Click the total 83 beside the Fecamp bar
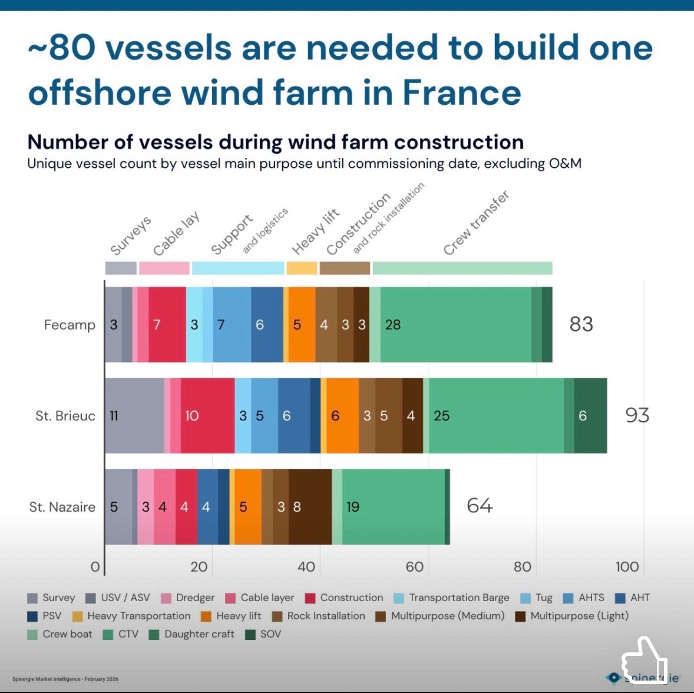(581, 324)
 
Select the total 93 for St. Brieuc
(637, 416)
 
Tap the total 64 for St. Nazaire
(480, 506)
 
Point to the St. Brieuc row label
(65, 416)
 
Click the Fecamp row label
(70, 325)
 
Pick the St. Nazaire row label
(62, 507)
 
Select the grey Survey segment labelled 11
(134, 416)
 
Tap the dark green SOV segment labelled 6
(590, 416)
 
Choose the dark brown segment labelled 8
(310, 507)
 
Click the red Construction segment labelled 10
(207, 416)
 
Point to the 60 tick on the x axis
(414, 567)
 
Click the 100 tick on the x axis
(627, 567)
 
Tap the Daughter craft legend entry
(199, 634)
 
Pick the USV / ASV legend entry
(125, 598)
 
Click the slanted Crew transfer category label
(476, 223)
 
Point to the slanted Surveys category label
(131, 236)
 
